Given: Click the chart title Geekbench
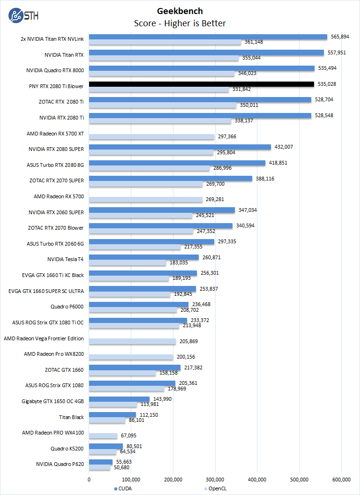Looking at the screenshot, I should click(180, 11).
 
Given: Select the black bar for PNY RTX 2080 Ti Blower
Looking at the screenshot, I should click(201, 84).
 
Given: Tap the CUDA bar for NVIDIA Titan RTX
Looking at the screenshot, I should click(206, 52).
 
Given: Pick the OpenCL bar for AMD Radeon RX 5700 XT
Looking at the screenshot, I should click(151, 137).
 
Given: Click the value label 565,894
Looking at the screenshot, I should click(340, 37).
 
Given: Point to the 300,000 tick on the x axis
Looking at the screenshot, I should click(215, 479).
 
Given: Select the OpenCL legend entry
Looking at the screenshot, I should click(217, 488).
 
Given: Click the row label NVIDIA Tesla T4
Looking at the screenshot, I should click(65, 259).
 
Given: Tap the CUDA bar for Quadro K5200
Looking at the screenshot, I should click(106, 446).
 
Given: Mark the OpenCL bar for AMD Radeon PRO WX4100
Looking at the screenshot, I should click(103, 436).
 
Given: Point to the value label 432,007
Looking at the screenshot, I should click(284, 147).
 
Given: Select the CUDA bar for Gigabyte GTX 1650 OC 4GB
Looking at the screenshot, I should click(119, 399).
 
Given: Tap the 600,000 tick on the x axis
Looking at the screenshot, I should click(341, 479).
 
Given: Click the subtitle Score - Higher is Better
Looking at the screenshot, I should click(180, 23).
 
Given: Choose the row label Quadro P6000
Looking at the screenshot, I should click(67, 307).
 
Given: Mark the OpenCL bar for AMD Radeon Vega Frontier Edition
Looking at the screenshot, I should click(132, 342).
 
